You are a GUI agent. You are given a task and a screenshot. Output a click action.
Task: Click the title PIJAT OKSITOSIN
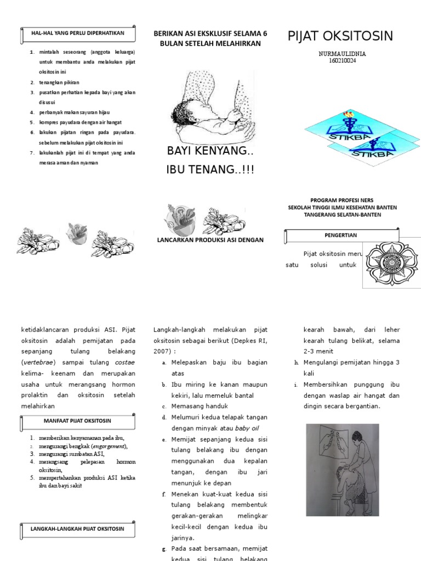click(340, 36)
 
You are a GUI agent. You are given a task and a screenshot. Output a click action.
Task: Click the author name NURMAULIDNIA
click(342, 54)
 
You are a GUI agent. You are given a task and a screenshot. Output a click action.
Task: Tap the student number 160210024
click(342, 61)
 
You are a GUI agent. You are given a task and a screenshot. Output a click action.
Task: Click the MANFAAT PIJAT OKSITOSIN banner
click(77, 421)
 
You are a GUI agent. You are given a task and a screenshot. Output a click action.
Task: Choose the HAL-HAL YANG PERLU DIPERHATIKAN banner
click(77, 33)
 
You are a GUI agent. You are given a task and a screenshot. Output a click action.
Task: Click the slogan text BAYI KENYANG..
click(210, 150)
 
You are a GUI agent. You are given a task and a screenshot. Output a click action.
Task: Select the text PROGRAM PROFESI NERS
click(342, 200)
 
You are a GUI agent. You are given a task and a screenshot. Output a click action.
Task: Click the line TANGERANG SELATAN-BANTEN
click(342, 214)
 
